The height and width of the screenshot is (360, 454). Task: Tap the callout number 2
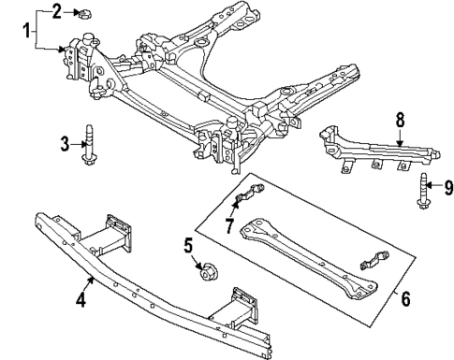(x=56, y=11)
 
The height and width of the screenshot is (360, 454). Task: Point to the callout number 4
(x=81, y=301)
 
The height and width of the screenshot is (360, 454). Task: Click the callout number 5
(x=187, y=247)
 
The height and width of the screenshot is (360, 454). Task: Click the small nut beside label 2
(x=81, y=12)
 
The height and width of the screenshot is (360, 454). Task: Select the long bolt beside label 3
(x=90, y=143)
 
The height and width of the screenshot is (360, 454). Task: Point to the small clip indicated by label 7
(x=246, y=197)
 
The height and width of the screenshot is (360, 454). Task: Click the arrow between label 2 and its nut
(x=68, y=11)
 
